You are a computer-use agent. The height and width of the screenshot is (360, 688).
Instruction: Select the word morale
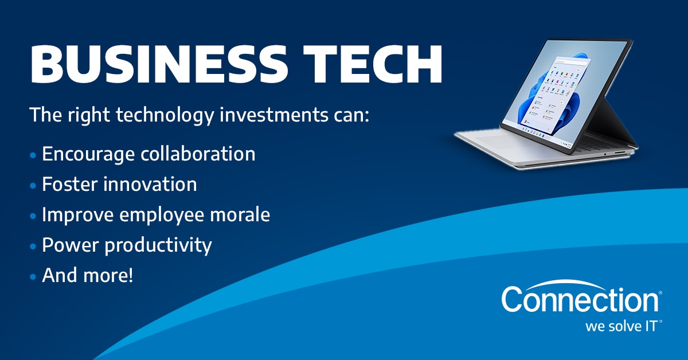(240, 214)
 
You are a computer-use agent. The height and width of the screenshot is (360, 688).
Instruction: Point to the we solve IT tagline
(622, 327)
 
